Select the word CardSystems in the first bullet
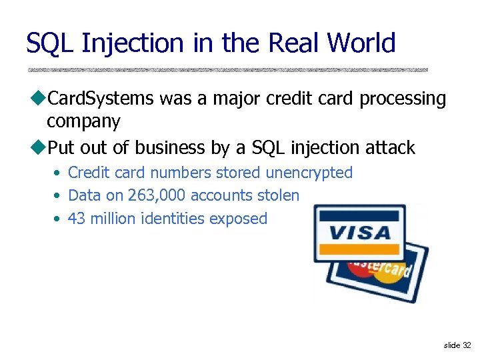tap(101, 99)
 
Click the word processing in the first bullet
tap(403, 99)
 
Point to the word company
tap(83, 122)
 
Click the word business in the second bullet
tap(165, 147)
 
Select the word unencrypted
tap(309, 173)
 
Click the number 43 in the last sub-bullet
tap(77, 219)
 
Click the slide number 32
tap(466, 345)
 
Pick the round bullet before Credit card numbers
tap(59, 173)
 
